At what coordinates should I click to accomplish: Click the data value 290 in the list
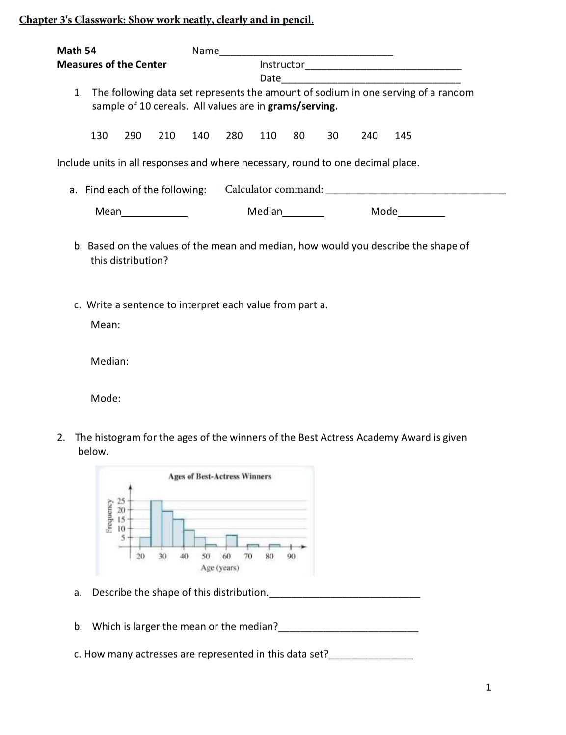pyautogui.click(x=133, y=136)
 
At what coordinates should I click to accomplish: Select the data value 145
pyautogui.click(x=403, y=136)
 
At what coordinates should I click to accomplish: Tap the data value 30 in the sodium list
pyautogui.click(x=333, y=136)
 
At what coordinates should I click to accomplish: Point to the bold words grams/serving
pyautogui.click(x=302, y=106)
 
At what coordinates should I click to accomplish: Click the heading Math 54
pyautogui.click(x=77, y=51)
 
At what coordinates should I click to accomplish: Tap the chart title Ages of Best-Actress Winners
pyautogui.click(x=219, y=476)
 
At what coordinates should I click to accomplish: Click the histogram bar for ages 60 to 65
pyautogui.click(x=232, y=541)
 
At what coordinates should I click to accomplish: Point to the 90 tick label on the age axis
pyautogui.click(x=291, y=556)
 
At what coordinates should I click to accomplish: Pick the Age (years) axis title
pyautogui.click(x=219, y=568)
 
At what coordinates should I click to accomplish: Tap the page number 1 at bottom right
pyautogui.click(x=488, y=687)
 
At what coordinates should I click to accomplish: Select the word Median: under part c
pyautogui.click(x=109, y=361)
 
